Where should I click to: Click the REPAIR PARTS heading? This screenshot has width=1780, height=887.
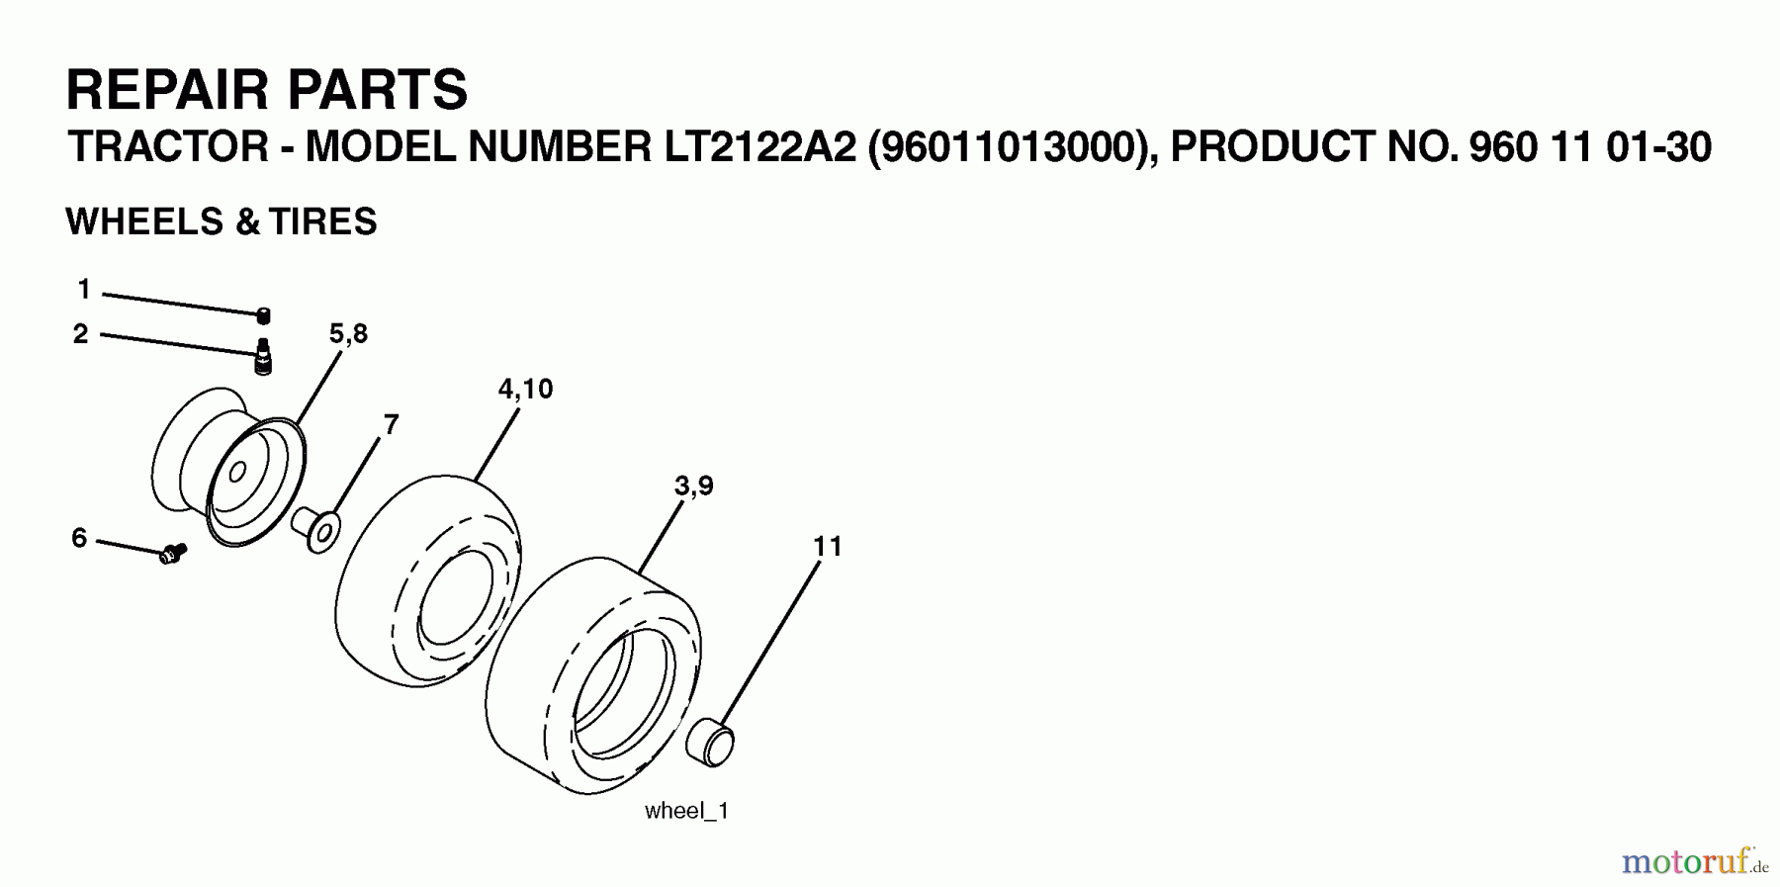[x=266, y=90]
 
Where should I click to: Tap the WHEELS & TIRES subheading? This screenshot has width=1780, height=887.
[x=222, y=222]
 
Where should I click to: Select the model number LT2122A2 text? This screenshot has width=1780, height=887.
[x=755, y=148]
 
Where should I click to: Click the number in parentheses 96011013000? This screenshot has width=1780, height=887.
[x=1011, y=148]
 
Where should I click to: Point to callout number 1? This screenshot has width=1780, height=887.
[x=84, y=289]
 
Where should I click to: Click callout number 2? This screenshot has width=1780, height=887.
[x=80, y=334]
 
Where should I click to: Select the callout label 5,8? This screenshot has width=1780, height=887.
[x=348, y=334]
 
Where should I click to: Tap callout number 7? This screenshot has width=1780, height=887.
[x=391, y=424]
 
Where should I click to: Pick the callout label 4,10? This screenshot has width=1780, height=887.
[x=525, y=389]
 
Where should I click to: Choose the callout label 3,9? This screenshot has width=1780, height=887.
[x=694, y=486]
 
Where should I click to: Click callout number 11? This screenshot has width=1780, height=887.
[x=827, y=546]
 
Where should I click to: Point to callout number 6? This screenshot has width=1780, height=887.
[x=79, y=538]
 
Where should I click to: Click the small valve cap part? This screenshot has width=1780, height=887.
[x=263, y=315]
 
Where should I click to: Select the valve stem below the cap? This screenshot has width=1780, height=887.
[x=263, y=356]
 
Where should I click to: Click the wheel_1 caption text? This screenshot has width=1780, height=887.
[x=686, y=811]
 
